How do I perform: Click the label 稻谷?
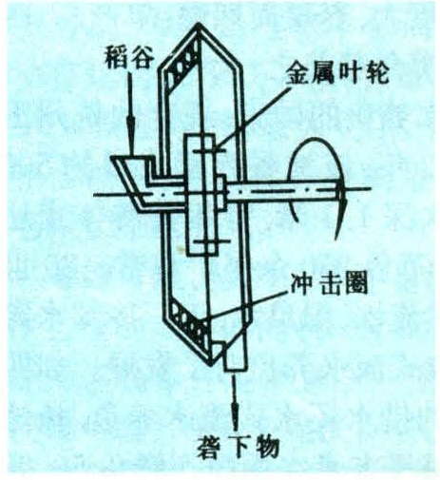[x=129, y=57]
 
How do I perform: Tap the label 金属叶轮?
[x=337, y=73]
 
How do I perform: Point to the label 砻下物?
[x=238, y=448]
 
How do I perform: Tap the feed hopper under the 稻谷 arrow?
[x=133, y=178]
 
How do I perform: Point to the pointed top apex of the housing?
[x=198, y=23]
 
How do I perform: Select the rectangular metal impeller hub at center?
[x=201, y=194]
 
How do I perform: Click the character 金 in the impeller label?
[x=297, y=73]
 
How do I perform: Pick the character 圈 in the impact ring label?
[x=356, y=283]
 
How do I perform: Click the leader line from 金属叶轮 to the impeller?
[x=252, y=117]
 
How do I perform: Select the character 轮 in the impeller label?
[x=377, y=73]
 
